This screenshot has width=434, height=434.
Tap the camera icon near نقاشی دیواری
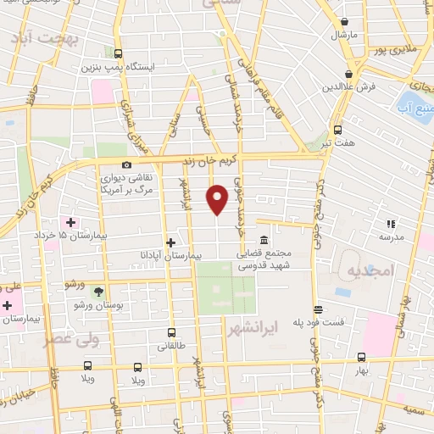126,164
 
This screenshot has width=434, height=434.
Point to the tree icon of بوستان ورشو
98,292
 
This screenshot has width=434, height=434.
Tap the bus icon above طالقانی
173,333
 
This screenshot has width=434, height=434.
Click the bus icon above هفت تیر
337,130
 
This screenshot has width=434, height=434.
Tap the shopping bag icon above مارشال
344,23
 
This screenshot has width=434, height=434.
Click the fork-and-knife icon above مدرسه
390,224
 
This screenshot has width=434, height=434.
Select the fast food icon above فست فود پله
318,310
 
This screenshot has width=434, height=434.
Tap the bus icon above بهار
362,357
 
